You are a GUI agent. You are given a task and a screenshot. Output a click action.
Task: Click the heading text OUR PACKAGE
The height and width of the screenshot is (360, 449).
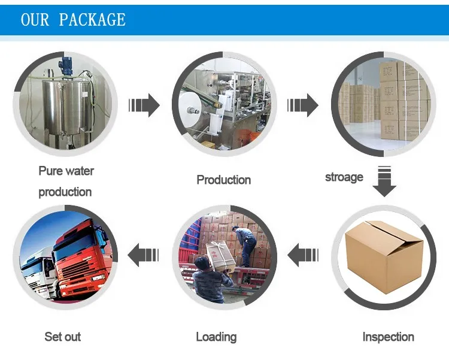[73, 19]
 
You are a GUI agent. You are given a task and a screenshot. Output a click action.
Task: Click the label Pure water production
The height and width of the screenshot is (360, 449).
[66, 181]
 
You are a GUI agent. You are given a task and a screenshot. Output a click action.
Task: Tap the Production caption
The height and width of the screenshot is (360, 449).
[224, 180]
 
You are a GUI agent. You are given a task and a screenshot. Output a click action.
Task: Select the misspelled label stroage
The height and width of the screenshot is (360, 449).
[344, 177]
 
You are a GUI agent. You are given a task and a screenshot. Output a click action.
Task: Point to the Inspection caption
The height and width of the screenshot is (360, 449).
[388, 337]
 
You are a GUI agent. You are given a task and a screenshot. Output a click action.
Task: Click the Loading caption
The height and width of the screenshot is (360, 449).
[216, 337]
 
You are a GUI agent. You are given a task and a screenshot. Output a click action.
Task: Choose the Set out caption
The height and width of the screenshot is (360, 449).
[63, 337]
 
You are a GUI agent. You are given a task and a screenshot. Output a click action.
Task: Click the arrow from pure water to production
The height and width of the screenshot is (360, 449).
[144, 106]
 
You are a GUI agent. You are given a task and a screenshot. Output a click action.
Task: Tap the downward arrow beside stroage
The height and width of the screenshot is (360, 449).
[385, 181]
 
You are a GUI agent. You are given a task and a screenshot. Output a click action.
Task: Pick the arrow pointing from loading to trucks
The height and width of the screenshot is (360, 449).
[144, 255]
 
